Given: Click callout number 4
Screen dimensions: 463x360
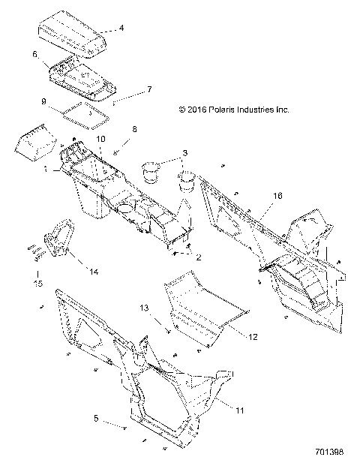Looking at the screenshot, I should pos(122,28).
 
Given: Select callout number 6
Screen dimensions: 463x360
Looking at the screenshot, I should pos(35,54).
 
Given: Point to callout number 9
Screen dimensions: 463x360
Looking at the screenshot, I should pos(43,101).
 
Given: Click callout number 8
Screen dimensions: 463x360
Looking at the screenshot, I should pos(134,130).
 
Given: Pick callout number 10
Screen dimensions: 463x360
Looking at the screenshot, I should pos(101,140).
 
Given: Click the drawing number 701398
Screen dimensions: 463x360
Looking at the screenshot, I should pos(330,452).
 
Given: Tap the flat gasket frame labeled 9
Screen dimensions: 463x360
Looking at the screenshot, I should pos(85,113).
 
